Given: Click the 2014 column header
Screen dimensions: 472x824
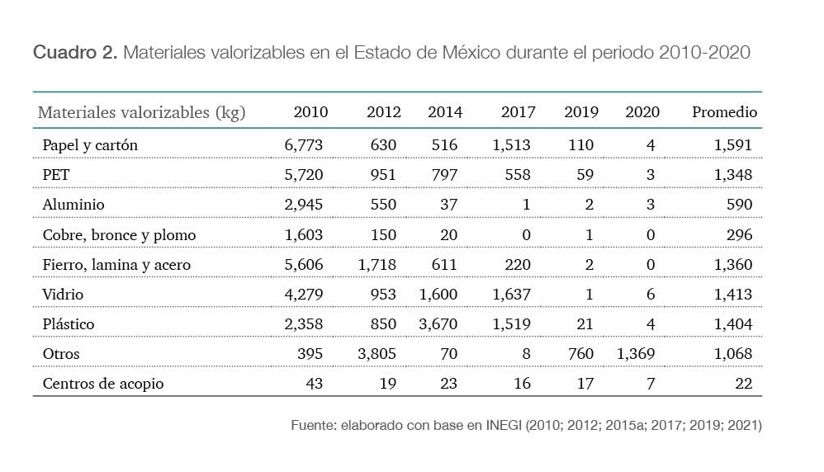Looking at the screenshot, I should pyautogui.click(x=445, y=112).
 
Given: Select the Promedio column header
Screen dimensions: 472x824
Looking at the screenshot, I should pyautogui.click(x=724, y=112).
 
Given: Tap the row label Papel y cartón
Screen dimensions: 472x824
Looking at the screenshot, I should pyautogui.click(x=90, y=145).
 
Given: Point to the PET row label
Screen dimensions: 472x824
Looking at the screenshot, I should pyautogui.click(x=55, y=175).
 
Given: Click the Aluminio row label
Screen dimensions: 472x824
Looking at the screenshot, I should pyautogui.click(x=73, y=205).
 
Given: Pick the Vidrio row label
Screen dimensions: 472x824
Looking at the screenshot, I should pyautogui.click(x=63, y=294).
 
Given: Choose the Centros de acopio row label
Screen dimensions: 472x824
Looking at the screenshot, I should pyautogui.click(x=103, y=383).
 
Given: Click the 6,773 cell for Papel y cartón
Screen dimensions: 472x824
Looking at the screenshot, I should pyautogui.click(x=304, y=145).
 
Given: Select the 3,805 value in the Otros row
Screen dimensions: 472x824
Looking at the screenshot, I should pyautogui.click(x=376, y=353).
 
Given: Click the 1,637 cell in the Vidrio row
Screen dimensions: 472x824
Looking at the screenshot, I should pyautogui.click(x=511, y=294).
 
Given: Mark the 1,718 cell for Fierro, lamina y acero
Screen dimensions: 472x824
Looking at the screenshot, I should pyautogui.click(x=376, y=264).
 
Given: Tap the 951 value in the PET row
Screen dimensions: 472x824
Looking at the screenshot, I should pyautogui.click(x=382, y=175).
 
